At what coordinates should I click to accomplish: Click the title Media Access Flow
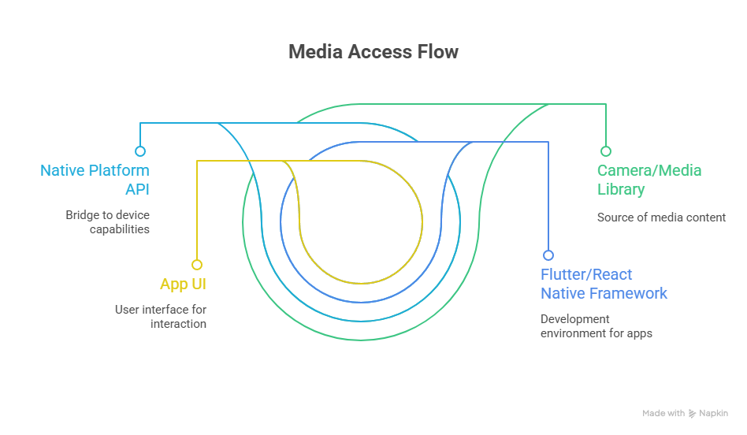tap(373, 52)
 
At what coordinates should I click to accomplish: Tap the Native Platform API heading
tap(95, 180)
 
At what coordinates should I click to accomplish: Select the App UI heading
tap(183, 284)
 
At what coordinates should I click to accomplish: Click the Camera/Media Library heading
tap(649, 180)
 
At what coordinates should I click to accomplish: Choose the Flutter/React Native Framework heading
tap(604, 284)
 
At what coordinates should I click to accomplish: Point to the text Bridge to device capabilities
tap(107, 222)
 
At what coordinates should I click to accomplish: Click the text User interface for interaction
tap(161, 317)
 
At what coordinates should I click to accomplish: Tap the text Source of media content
tap(661, 217)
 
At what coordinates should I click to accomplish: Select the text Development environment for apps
tap(596, 326)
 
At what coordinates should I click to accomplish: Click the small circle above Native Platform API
tap(140, 151)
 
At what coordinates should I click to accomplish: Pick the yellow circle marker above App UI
tap(197, 265)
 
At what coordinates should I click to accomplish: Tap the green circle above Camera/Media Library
tap(605, 151)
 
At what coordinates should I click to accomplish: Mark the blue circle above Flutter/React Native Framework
tap(548, 255)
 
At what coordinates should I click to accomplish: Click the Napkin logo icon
tap(693, 414)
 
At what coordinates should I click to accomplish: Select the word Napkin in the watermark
tap(714, 414)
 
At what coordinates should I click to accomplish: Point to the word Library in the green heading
tap(621, 189)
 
